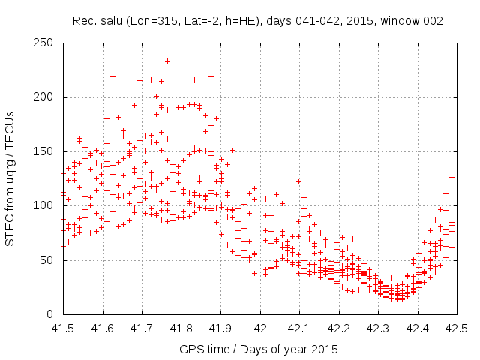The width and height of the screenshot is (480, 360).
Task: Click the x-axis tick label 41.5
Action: click(x=62, y=328)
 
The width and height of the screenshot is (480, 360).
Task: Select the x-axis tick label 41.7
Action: click(x=141, y=328)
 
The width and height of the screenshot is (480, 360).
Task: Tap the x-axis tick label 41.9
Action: click(x=220, y=328)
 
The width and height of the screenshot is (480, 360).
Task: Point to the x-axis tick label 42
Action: click(x=259, y=328)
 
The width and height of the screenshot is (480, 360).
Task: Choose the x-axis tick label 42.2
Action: click(x=338, y=328)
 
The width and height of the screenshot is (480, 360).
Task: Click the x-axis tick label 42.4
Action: click(x=417, y=328)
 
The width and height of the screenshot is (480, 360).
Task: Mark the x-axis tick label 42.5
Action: click(x=456, y=328)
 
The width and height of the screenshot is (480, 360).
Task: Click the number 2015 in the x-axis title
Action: click(x=325, y=349)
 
